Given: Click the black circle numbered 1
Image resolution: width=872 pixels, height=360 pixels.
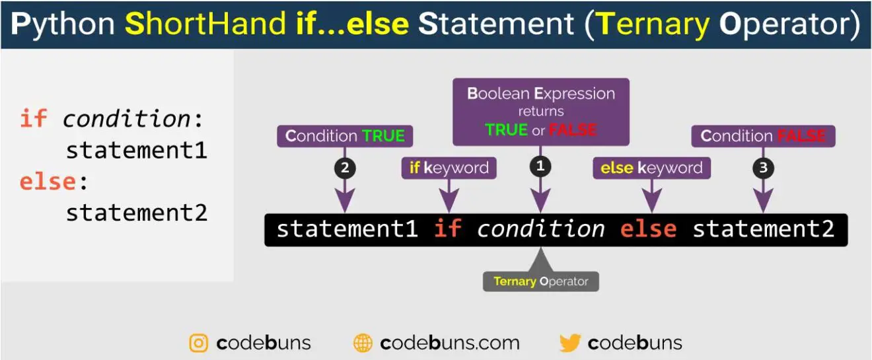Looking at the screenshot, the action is click(540, 166).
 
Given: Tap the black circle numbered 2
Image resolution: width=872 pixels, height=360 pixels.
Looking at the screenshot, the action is click(345, 168).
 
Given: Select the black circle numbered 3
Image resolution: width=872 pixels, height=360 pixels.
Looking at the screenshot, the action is click(764, 168).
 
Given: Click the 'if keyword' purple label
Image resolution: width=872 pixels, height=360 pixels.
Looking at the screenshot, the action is click(449, 168).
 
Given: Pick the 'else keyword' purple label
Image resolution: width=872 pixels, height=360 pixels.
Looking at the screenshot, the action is click(651, 168).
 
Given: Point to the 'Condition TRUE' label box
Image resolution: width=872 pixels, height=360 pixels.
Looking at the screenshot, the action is click(345, 136).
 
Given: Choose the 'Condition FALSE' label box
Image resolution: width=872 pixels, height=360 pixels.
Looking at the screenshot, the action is click(764, 136).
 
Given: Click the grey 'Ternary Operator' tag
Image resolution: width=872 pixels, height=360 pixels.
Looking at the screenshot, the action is click(541, 281).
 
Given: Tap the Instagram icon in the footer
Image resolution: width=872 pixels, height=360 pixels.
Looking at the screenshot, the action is click(199, 343).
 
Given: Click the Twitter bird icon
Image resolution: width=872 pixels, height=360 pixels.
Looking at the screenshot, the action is click(570, 343).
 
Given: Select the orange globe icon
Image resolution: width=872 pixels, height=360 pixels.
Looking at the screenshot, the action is click(363, 343).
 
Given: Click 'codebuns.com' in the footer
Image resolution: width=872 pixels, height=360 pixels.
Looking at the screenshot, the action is click(450, 343).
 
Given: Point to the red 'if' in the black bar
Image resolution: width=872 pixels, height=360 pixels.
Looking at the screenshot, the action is click(448, 228).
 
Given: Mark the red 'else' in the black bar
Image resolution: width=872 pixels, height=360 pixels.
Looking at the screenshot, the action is click(648, 229).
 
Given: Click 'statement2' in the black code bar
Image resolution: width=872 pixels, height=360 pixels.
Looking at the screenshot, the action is click(764, 229).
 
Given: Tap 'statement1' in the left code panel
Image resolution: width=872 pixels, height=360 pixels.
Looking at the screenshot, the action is click(136, 150).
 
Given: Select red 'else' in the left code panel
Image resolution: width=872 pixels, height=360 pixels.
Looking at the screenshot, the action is click(48, 182).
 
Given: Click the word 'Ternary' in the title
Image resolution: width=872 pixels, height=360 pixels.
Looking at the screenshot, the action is click(653, 24).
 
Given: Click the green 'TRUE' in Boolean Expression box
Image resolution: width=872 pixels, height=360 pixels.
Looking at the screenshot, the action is click(506, 129).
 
